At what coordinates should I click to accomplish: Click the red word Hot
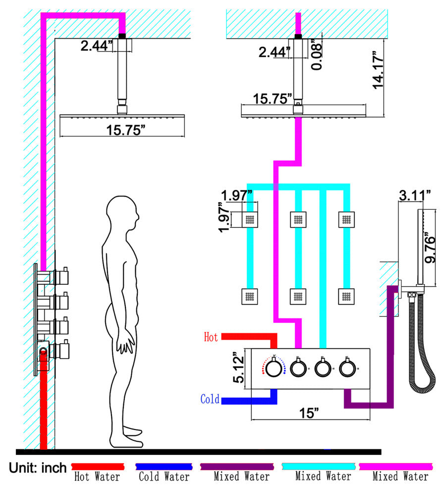coord(211,337)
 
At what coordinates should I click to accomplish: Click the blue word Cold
coord(210,399)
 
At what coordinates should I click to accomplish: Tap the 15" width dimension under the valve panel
coord(309,414)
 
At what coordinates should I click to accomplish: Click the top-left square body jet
coord(250,219)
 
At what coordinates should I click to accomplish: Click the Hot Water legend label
coord(97,477)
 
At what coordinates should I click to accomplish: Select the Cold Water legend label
coord(164,477)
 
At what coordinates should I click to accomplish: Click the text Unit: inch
coord(37,467)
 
